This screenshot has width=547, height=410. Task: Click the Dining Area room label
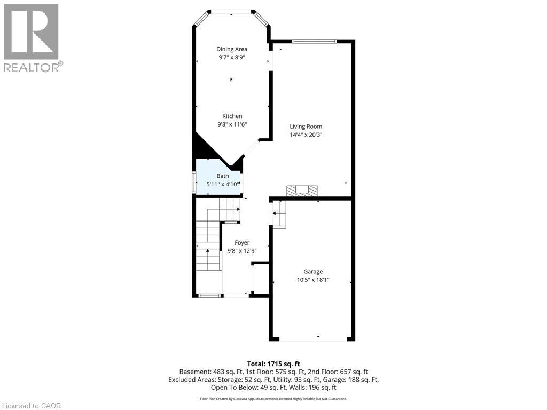(232, 49)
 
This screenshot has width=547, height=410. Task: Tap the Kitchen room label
(232, 116)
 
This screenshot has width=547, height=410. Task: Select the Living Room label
(306, 127)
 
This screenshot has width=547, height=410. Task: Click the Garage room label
(314, 272)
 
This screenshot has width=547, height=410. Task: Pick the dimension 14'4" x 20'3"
(306, 135)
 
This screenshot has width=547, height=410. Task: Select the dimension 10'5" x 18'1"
(314, 280)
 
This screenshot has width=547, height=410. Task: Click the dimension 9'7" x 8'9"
(232, 57)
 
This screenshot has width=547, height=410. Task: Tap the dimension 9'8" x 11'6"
(232, 124)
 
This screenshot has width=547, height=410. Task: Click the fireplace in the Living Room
(302, 191)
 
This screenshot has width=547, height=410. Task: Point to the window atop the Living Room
(314, 41)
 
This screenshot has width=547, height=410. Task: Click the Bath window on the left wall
(194, 181)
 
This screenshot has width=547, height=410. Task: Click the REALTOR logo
(32, 37)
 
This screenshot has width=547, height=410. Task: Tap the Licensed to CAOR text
(32, 406)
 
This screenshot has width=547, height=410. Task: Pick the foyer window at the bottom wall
(209, 295)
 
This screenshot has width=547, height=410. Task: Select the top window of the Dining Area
(232, 11)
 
